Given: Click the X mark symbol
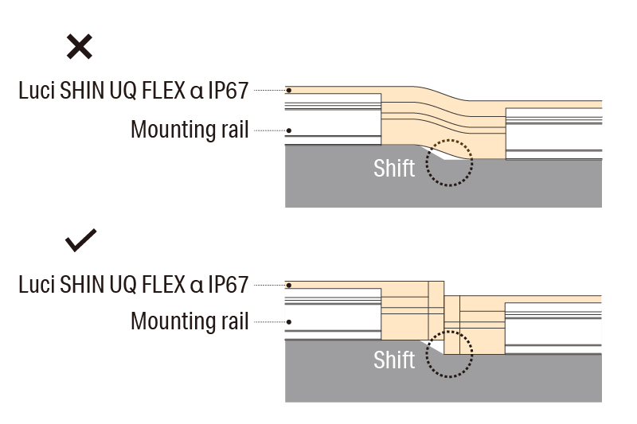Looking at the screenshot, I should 79,47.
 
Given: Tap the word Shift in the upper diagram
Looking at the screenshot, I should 394,168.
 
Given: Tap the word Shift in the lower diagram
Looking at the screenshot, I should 394,360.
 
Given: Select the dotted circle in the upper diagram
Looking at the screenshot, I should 449,162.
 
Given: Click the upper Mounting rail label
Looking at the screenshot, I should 190,130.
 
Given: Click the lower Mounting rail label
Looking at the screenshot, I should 190,321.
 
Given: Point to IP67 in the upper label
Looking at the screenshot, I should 229,91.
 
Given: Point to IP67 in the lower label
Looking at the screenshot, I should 229,284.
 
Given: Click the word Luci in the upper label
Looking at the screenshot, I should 36,91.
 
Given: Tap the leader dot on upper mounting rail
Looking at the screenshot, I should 289,130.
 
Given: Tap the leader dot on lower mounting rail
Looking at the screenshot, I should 289,322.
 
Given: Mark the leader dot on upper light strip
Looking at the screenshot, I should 289,91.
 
